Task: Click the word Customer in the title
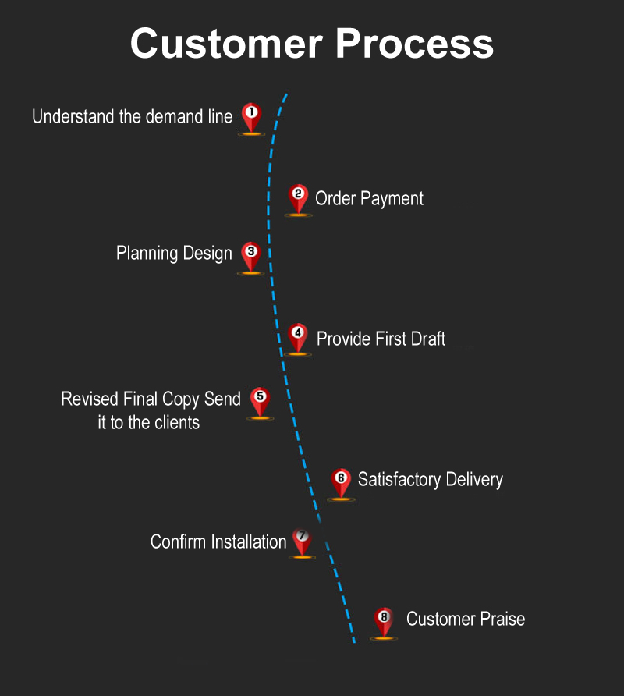pos(222,43)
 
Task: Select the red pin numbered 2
pos(298,197)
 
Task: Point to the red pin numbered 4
pos(297,337)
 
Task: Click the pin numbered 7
pos(302,541)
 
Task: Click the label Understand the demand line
pos(132,117)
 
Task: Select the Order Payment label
pos(369,199)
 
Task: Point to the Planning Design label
pos(174,254)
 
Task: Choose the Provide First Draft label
pos(381,339)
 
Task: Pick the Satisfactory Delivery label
pos(430,479)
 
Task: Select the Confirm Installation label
pos(218,542)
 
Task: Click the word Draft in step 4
pos(427,339)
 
